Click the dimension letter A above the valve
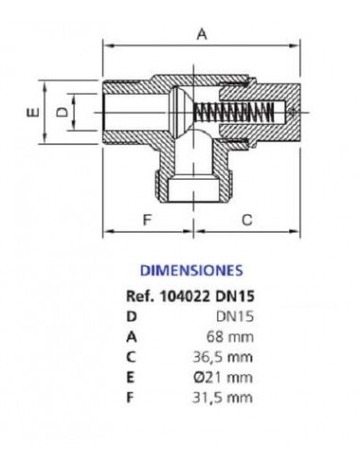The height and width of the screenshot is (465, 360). pyautogui.click(x=201, y=34)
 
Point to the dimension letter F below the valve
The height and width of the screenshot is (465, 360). pyautogui.click(x=146, y=220)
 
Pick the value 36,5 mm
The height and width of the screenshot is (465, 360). pyautogui.click(x=230, y=358)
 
